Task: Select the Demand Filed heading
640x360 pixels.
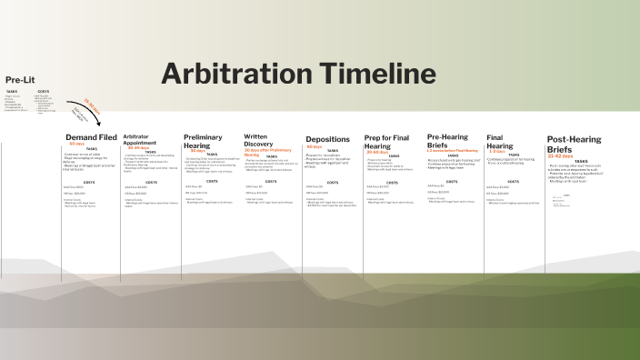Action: coord(91,137)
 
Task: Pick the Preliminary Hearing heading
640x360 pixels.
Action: coord(203,141)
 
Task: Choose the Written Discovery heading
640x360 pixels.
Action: coord(262,140)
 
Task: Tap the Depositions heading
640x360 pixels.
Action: coord(327,140)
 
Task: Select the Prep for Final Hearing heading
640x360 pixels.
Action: coord(390,141)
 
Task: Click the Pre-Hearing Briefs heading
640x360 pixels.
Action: coord(448,141)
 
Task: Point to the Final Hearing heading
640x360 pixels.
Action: coord(500,141)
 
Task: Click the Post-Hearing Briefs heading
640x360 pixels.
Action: coord(574,144)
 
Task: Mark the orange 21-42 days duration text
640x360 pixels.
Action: coord(559,155)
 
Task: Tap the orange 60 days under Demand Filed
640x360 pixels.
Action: coord(76,144)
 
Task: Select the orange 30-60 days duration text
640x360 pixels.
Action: coord(376,152)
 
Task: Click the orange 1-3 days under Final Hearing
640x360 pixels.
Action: coord(496,151)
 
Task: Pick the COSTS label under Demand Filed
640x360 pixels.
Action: coord(89,182)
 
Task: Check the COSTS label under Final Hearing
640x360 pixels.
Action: coord(514,181)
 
